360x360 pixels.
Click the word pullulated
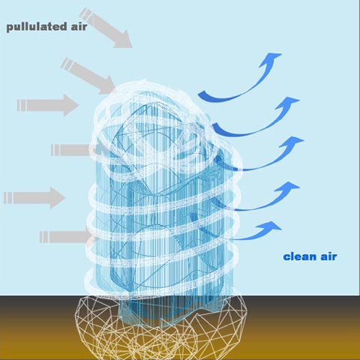pos(37,27)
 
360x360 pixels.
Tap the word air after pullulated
pos(79,26)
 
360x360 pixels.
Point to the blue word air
pos(328,256)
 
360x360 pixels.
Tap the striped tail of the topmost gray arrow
pos(85,13)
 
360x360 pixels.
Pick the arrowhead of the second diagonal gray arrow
pos(107,85)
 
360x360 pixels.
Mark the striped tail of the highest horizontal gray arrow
pos(22,105)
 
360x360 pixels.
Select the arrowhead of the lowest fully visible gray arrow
pos(58,197)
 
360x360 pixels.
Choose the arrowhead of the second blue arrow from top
pos(287,103)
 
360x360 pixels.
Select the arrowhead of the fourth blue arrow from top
pos(287,187)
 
